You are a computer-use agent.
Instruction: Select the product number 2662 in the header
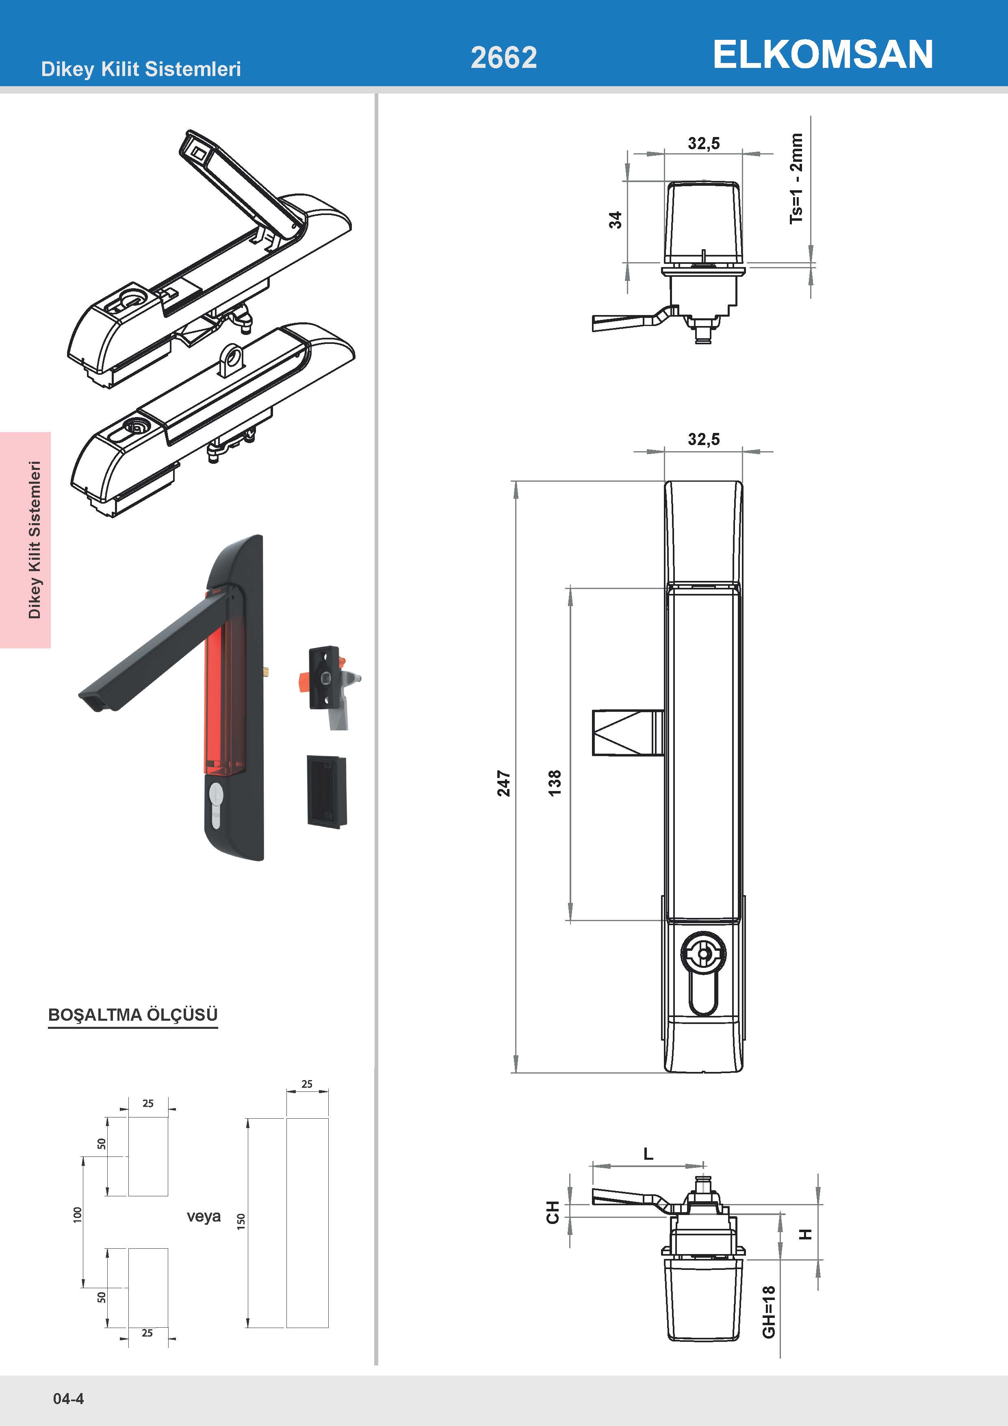(x=503, y=58)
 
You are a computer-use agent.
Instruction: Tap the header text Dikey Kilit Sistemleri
(x=141, y=69)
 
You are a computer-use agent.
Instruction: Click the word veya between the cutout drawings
(x=204, y=1216)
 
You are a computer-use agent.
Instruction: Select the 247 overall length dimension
(x=503, y=783)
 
